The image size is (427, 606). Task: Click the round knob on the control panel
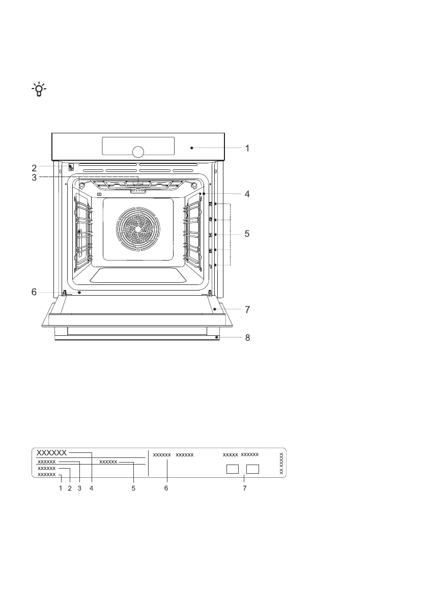click(137, 152)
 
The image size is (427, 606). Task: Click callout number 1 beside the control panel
click(247, 149)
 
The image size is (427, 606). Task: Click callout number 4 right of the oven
click(247, 194)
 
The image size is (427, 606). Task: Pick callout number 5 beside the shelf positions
click(247, 235)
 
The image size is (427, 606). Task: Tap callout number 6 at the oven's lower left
click(34, 292)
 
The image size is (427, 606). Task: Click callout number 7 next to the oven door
click(247, 309)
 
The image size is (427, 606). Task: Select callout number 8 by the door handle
click(247, 337)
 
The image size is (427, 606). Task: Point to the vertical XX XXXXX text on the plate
click(281, 463)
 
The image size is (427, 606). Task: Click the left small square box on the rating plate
click(233, 469)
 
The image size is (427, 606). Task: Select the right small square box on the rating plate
click(253, 469)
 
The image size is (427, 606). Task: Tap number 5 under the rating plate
click(134, 488)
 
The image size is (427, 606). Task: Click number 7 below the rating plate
click(245, 488)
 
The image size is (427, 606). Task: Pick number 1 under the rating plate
click(60, 488)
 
